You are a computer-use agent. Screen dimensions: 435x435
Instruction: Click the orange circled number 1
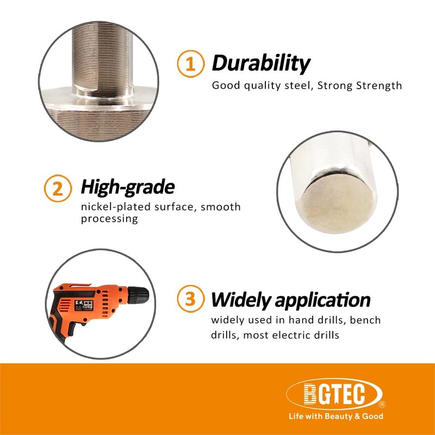click(x=190, y=65)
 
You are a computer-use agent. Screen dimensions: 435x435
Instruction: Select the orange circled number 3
click(x=190, y=300)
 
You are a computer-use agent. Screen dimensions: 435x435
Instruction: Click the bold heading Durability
click(x=260, y=64)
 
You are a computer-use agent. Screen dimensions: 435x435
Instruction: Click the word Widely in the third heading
click(x=241, y=300)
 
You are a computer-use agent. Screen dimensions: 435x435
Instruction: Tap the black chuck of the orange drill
click(x=139, y=296)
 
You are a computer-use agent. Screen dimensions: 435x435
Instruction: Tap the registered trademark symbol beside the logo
click(x=382, y=405)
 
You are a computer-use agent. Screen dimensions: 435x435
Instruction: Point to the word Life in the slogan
click(x=296, y=417)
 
